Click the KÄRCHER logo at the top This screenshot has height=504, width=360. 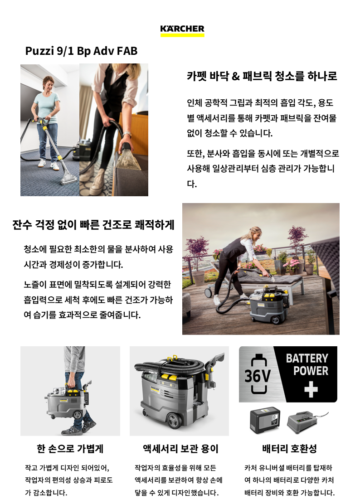[182, 30]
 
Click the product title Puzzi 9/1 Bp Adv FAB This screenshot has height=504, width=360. [81, 51]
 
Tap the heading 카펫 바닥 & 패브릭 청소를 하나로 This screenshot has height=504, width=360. [262, 76]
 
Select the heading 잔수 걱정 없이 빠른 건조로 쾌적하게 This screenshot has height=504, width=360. [93, 224]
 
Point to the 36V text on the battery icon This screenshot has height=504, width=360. [258, 376]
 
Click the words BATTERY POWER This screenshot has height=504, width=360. [307, 364]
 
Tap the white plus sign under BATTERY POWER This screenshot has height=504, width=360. [311, 390]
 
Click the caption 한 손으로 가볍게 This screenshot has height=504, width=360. [70, 448]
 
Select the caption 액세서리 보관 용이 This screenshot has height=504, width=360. [180, 448]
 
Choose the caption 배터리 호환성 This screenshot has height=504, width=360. [290, 448]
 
